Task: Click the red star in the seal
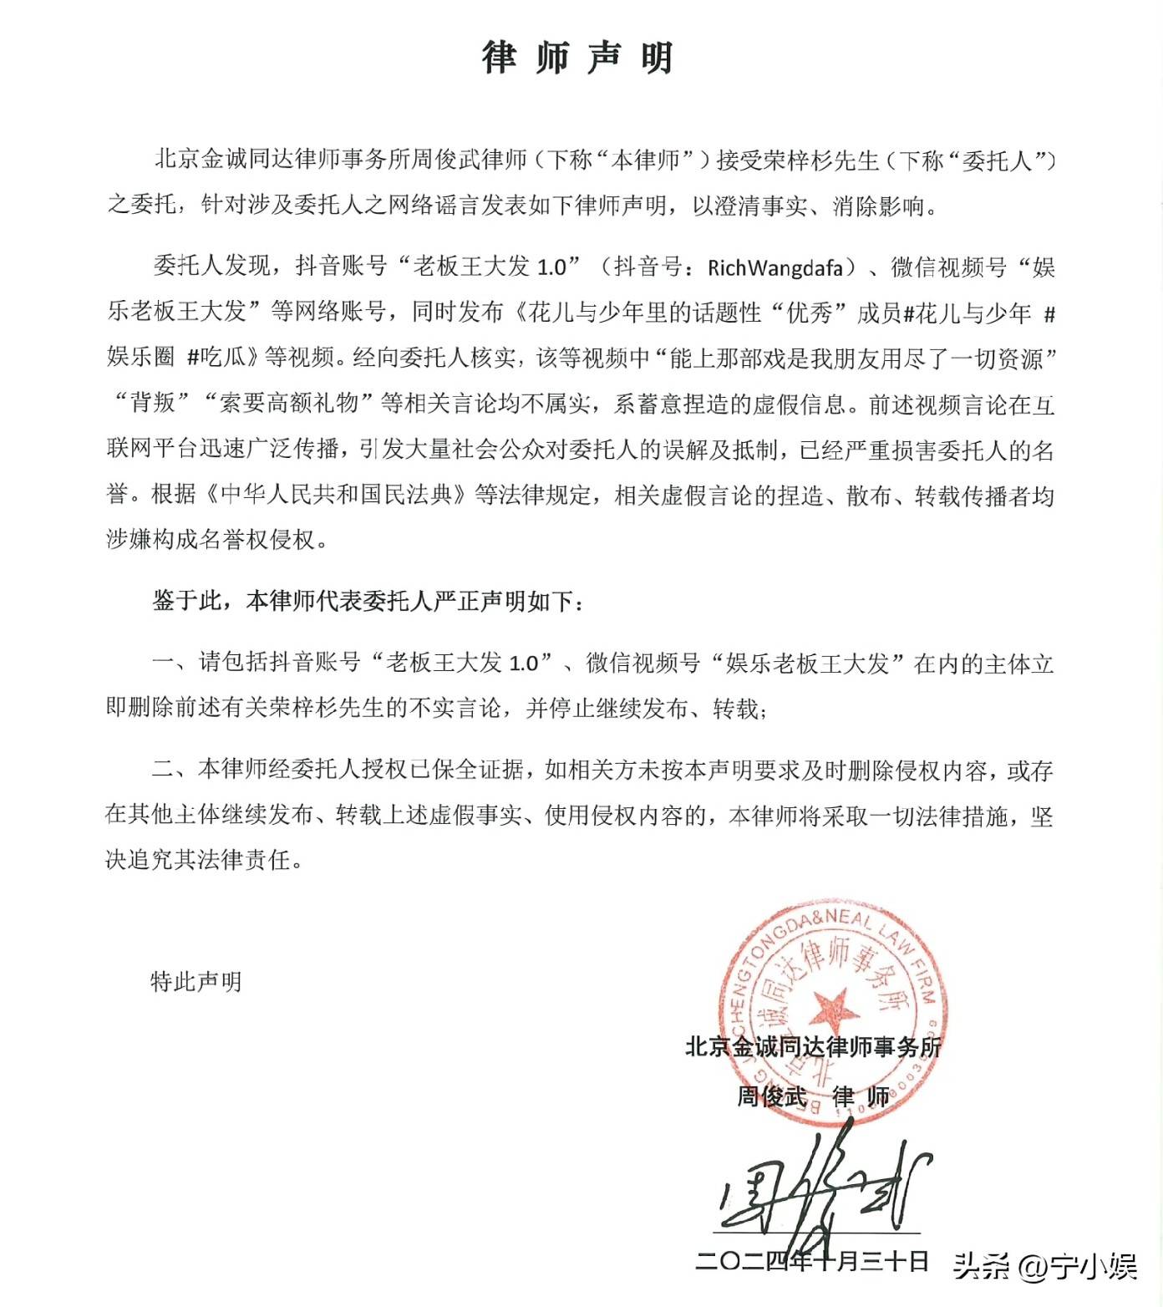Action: [834, 1008]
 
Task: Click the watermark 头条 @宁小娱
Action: [1044, 1267]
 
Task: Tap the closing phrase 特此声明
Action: [196, 981]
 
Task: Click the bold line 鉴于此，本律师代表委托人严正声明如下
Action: [368, 601]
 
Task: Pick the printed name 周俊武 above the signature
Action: [771, 1096]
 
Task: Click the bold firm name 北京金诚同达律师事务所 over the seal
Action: [812, 1046]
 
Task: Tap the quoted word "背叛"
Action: [153, 403]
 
